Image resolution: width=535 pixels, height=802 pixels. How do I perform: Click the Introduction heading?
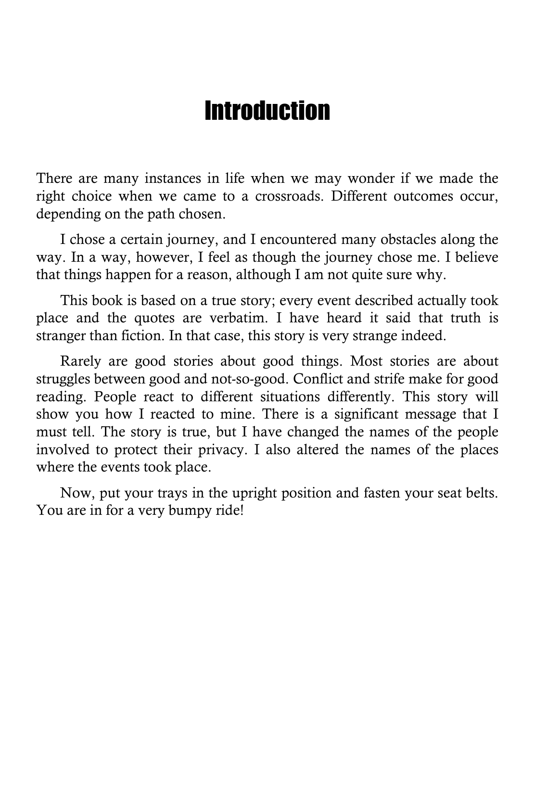point(267,111)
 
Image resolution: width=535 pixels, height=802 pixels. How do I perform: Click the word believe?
point(474,257)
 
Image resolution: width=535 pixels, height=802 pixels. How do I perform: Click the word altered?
point(318,449)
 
